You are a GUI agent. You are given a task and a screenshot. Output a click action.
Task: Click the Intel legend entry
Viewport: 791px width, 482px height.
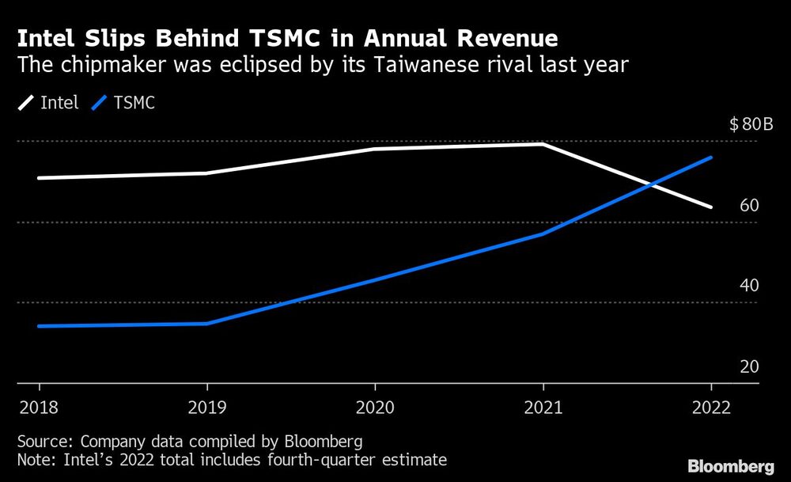point(49,103)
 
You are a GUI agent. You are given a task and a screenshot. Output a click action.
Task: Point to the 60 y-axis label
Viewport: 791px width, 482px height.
point(749,206)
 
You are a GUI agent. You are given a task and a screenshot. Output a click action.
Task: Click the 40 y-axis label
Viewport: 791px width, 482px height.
point(749,286)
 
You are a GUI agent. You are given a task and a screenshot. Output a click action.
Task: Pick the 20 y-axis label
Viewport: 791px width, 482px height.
point(749,366)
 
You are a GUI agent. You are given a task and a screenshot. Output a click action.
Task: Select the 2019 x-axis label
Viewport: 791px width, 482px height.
point(207,408)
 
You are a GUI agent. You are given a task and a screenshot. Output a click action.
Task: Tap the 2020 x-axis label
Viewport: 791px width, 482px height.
point(374,408)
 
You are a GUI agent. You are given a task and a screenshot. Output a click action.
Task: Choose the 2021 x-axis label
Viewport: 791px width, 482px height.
point(543,408)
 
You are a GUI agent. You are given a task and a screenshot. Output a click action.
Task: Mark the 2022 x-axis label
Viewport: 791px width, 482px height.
point(710,408)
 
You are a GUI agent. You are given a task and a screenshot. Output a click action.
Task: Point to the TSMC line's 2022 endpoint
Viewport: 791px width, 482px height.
point(711,158)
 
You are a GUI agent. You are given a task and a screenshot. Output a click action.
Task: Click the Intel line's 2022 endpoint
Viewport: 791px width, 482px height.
point(711,207)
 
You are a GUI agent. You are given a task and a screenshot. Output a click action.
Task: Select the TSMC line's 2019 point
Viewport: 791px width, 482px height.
point(207,323)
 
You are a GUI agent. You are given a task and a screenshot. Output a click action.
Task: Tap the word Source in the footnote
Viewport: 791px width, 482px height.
point(41,442)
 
